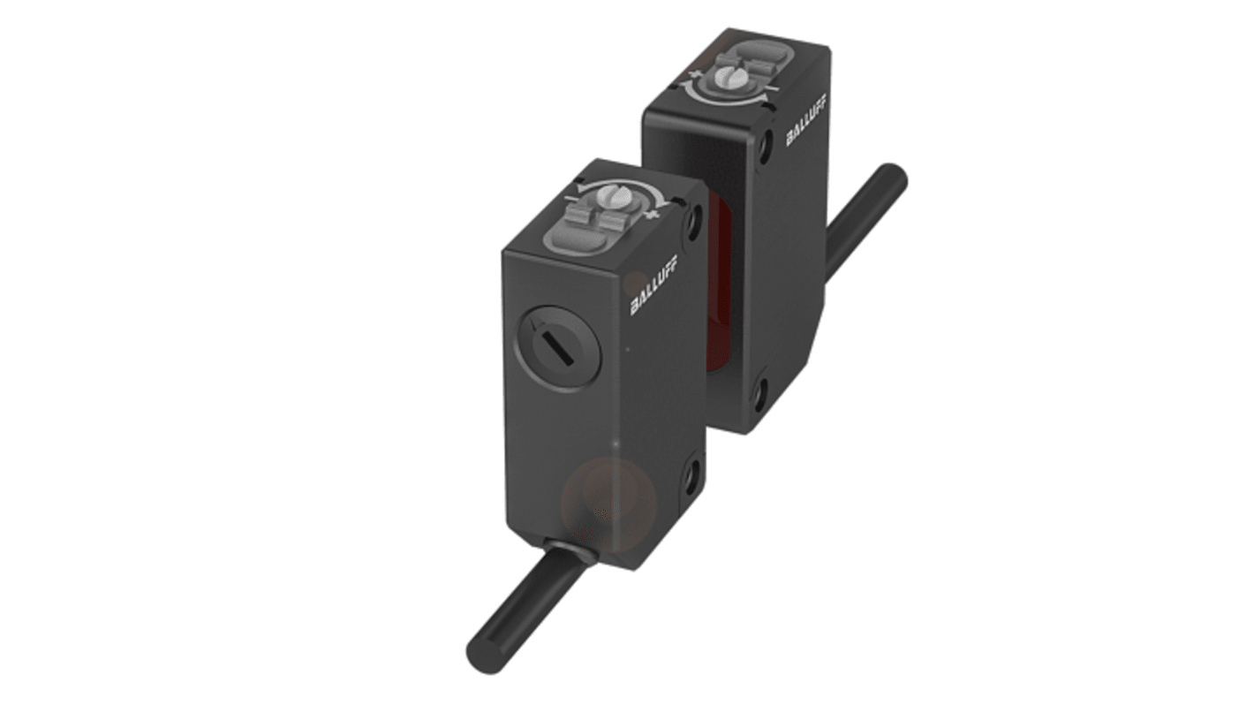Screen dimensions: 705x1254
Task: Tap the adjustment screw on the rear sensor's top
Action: tap(727, 76)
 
